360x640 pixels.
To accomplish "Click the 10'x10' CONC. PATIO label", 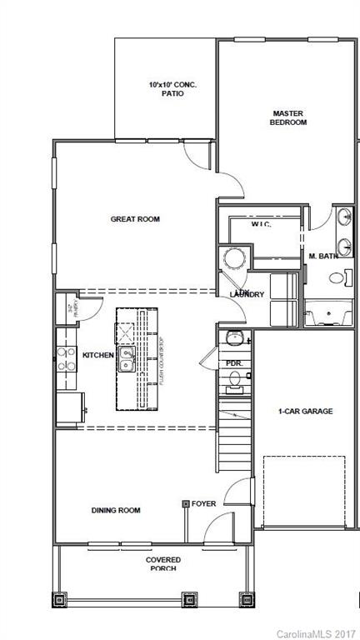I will (166, 89).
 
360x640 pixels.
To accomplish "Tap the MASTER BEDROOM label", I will (289, 117).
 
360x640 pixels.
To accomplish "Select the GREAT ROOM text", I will (135, 219).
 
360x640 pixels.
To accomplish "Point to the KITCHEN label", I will (97, 355).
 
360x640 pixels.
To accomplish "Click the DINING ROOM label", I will (115, 510).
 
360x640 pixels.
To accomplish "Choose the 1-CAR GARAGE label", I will (305, 411).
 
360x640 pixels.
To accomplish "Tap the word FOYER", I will (203, 503).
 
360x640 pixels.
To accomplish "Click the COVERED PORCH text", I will (163, 563).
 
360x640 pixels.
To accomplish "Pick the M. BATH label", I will (323, 256).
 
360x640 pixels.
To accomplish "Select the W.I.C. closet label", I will (262, 225).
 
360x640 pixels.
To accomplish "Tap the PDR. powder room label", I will (233, 362).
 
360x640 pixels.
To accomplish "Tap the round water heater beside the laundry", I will (233, 258).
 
